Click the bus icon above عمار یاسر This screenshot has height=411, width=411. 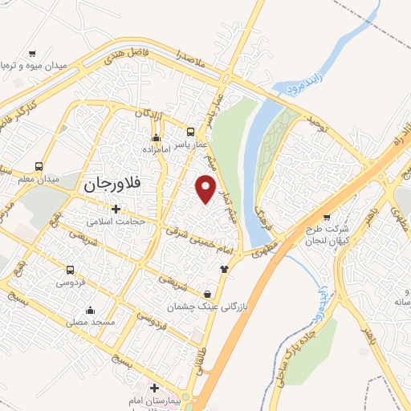pyautogui.click(x=190, y=132)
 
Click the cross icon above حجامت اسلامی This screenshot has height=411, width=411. pyautogui.click(x=116, y=209)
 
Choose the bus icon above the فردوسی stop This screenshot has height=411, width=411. pyautogui.click(x=70, y=271)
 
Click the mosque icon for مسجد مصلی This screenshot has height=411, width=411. pyautogui.click(x=90, y=311)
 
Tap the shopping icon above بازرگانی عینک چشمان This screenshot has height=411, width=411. pyautogui.click(x=209, y=295)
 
